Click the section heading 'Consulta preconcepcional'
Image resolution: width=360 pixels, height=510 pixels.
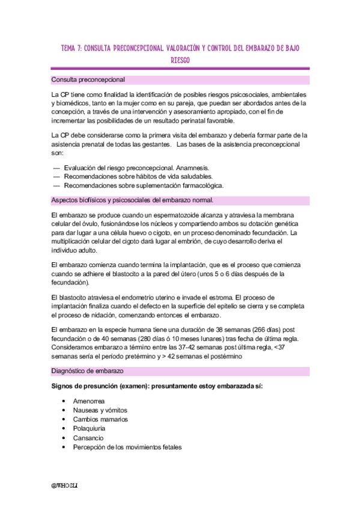[88, 79]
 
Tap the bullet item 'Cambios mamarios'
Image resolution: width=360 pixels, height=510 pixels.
[100, 419]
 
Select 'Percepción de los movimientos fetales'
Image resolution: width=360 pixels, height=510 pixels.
[127, 447]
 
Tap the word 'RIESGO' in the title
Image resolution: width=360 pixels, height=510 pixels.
[180, 61]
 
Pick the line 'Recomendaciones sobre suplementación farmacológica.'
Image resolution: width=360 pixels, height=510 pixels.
[143, 186]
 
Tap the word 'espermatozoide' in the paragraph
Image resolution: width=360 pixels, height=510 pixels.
[157, 215]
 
